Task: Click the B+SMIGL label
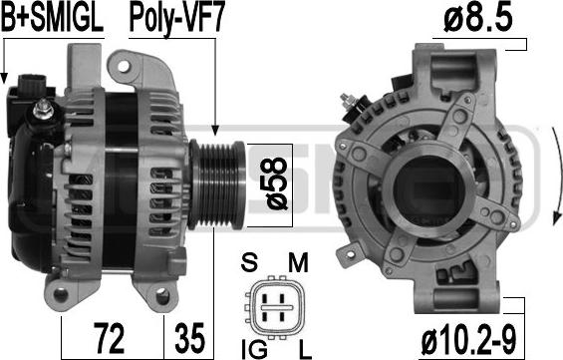tap(53, 18)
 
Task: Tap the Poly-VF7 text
tap(176, 19)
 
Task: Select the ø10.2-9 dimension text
tap(468, 340)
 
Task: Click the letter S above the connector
tap(249, 262)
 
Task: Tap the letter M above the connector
tap(298, 262)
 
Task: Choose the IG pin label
tap(254, 349)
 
